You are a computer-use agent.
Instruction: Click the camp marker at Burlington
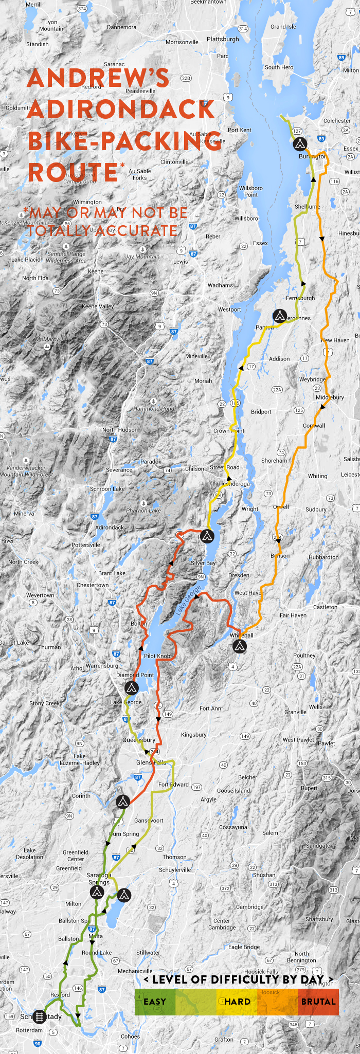point(300,144)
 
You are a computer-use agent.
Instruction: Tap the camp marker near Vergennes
point(279,316)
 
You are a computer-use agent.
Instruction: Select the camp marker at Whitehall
point(240,646)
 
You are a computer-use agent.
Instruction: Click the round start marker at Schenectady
point(40,1016)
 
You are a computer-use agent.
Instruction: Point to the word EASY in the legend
point(155,1002)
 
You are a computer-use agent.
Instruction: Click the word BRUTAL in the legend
point(318,1002)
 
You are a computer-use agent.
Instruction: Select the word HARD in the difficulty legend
point(237,1002)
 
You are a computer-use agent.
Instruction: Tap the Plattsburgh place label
point(223,39)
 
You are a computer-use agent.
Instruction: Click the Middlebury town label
point(330,397)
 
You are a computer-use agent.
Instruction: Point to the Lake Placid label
point(26,260)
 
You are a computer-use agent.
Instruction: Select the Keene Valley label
point(98,306)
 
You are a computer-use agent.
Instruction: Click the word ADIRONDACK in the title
point(121,110)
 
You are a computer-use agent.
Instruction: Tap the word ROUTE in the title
point(73,172)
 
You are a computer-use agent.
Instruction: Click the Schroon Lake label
point(107,489)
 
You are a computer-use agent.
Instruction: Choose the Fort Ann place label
point(210,708)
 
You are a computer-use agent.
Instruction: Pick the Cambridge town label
point(249,907)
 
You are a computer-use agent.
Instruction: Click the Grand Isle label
point(283,27)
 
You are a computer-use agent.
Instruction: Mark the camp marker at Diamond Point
point(131,688)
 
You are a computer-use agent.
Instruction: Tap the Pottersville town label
point(86,545)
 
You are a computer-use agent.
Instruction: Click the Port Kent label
point(239,130)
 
